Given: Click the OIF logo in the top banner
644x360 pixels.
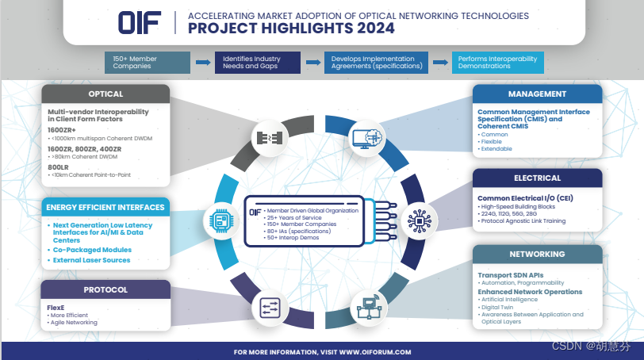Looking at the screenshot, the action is (x=139, y=21).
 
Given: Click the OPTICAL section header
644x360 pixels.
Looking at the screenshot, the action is (x=105, y=94).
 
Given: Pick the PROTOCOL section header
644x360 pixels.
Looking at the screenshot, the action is (x=105, y=289).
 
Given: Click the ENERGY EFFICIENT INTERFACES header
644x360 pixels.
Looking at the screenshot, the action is (x=105, y=208).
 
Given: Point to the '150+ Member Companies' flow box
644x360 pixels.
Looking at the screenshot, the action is (x=148, y=62).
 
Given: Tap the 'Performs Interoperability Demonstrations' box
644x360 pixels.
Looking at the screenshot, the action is (x=497, y=62).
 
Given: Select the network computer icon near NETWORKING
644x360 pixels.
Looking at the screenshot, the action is (x=367, y=306).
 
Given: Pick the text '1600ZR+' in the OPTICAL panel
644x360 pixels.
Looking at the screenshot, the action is (x=62, y=129).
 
